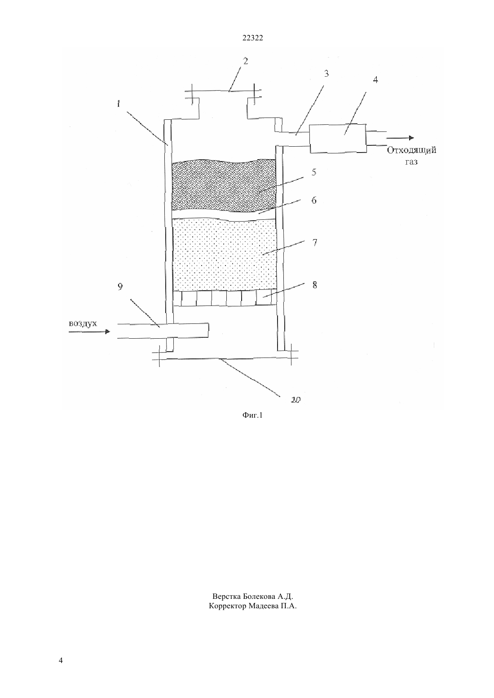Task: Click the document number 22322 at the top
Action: point(252,38)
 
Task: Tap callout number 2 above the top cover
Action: point(246,61)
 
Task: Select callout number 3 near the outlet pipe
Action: point(326,74)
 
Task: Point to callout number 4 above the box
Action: point(375,80)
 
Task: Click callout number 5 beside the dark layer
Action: point(314,172)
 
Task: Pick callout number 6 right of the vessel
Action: point(314,200)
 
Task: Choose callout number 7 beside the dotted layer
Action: point(315,242)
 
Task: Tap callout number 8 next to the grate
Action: point(315,285)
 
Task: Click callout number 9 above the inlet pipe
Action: point(120,287)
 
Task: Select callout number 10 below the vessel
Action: point(296,400)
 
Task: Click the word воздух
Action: point(83,323)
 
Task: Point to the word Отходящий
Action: point(412,151)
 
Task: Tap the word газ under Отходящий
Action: point(411,162)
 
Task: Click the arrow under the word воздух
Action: point(89,332)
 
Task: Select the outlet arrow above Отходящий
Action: point(400,138)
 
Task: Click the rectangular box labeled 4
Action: point(338,138)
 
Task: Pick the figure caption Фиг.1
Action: point(252,415)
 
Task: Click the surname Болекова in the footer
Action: point(260,597)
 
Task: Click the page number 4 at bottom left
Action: point(61,661)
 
